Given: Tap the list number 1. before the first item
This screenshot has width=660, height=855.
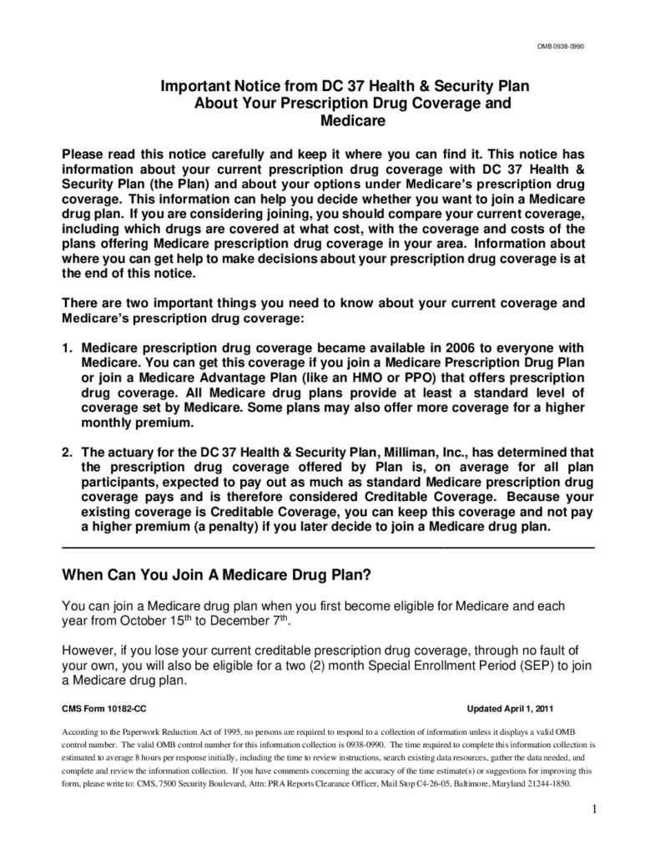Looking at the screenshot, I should (68, 347).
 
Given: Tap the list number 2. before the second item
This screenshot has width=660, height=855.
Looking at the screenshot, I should (68, 452).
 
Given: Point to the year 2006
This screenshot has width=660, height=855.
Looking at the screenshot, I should (428, 347).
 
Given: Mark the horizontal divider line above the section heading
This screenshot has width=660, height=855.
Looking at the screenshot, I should (329, 547).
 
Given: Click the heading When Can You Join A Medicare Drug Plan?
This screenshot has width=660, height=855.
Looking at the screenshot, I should (217, 576).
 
